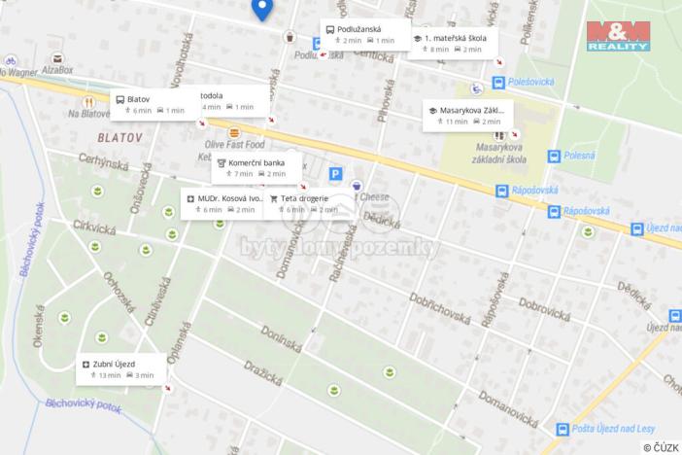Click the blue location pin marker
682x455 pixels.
261,9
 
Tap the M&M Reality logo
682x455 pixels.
618,35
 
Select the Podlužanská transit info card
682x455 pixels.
364,35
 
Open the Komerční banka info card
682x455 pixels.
256,167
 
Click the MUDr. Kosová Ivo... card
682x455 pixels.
224,202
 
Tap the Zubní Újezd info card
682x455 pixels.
121,368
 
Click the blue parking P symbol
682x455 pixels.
335,174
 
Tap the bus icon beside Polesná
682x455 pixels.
554,156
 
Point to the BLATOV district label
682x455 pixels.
119,138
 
